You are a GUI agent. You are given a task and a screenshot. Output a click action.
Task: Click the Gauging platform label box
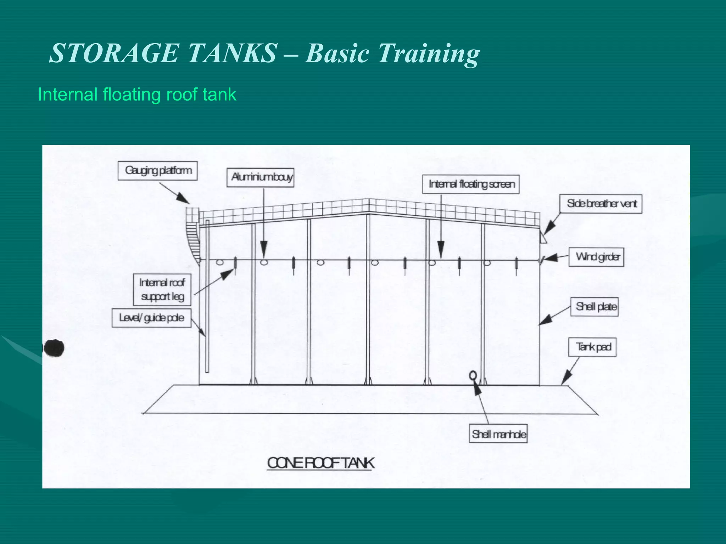tap(158, 171)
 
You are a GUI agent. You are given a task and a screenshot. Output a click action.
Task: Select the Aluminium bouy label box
tap(261, 177)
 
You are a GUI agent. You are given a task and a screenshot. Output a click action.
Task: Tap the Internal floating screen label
tap(471, 184)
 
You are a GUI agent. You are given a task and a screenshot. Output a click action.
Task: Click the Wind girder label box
tap(596, 257)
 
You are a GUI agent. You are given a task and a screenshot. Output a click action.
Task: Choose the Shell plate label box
tap(594, 307)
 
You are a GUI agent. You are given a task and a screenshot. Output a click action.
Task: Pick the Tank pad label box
tap(592, 347)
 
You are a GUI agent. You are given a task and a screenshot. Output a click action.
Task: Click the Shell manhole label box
tap(498, 433)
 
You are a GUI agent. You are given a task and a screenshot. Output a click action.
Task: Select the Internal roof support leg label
tap(162, 290)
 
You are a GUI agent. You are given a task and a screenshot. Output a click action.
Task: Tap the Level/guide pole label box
tap(152, 318)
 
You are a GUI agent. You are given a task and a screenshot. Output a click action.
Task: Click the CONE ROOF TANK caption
tap(320, 463)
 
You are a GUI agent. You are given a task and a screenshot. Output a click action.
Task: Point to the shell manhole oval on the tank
tap(473, 375)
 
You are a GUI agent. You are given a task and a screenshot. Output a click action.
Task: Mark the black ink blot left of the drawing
tap(54, 348)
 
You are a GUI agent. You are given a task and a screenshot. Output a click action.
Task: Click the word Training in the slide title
tap(428, 53)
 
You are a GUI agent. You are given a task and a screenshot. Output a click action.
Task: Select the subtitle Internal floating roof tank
tap(137, 95)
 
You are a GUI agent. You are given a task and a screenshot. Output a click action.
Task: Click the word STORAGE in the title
tap(113, 53)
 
